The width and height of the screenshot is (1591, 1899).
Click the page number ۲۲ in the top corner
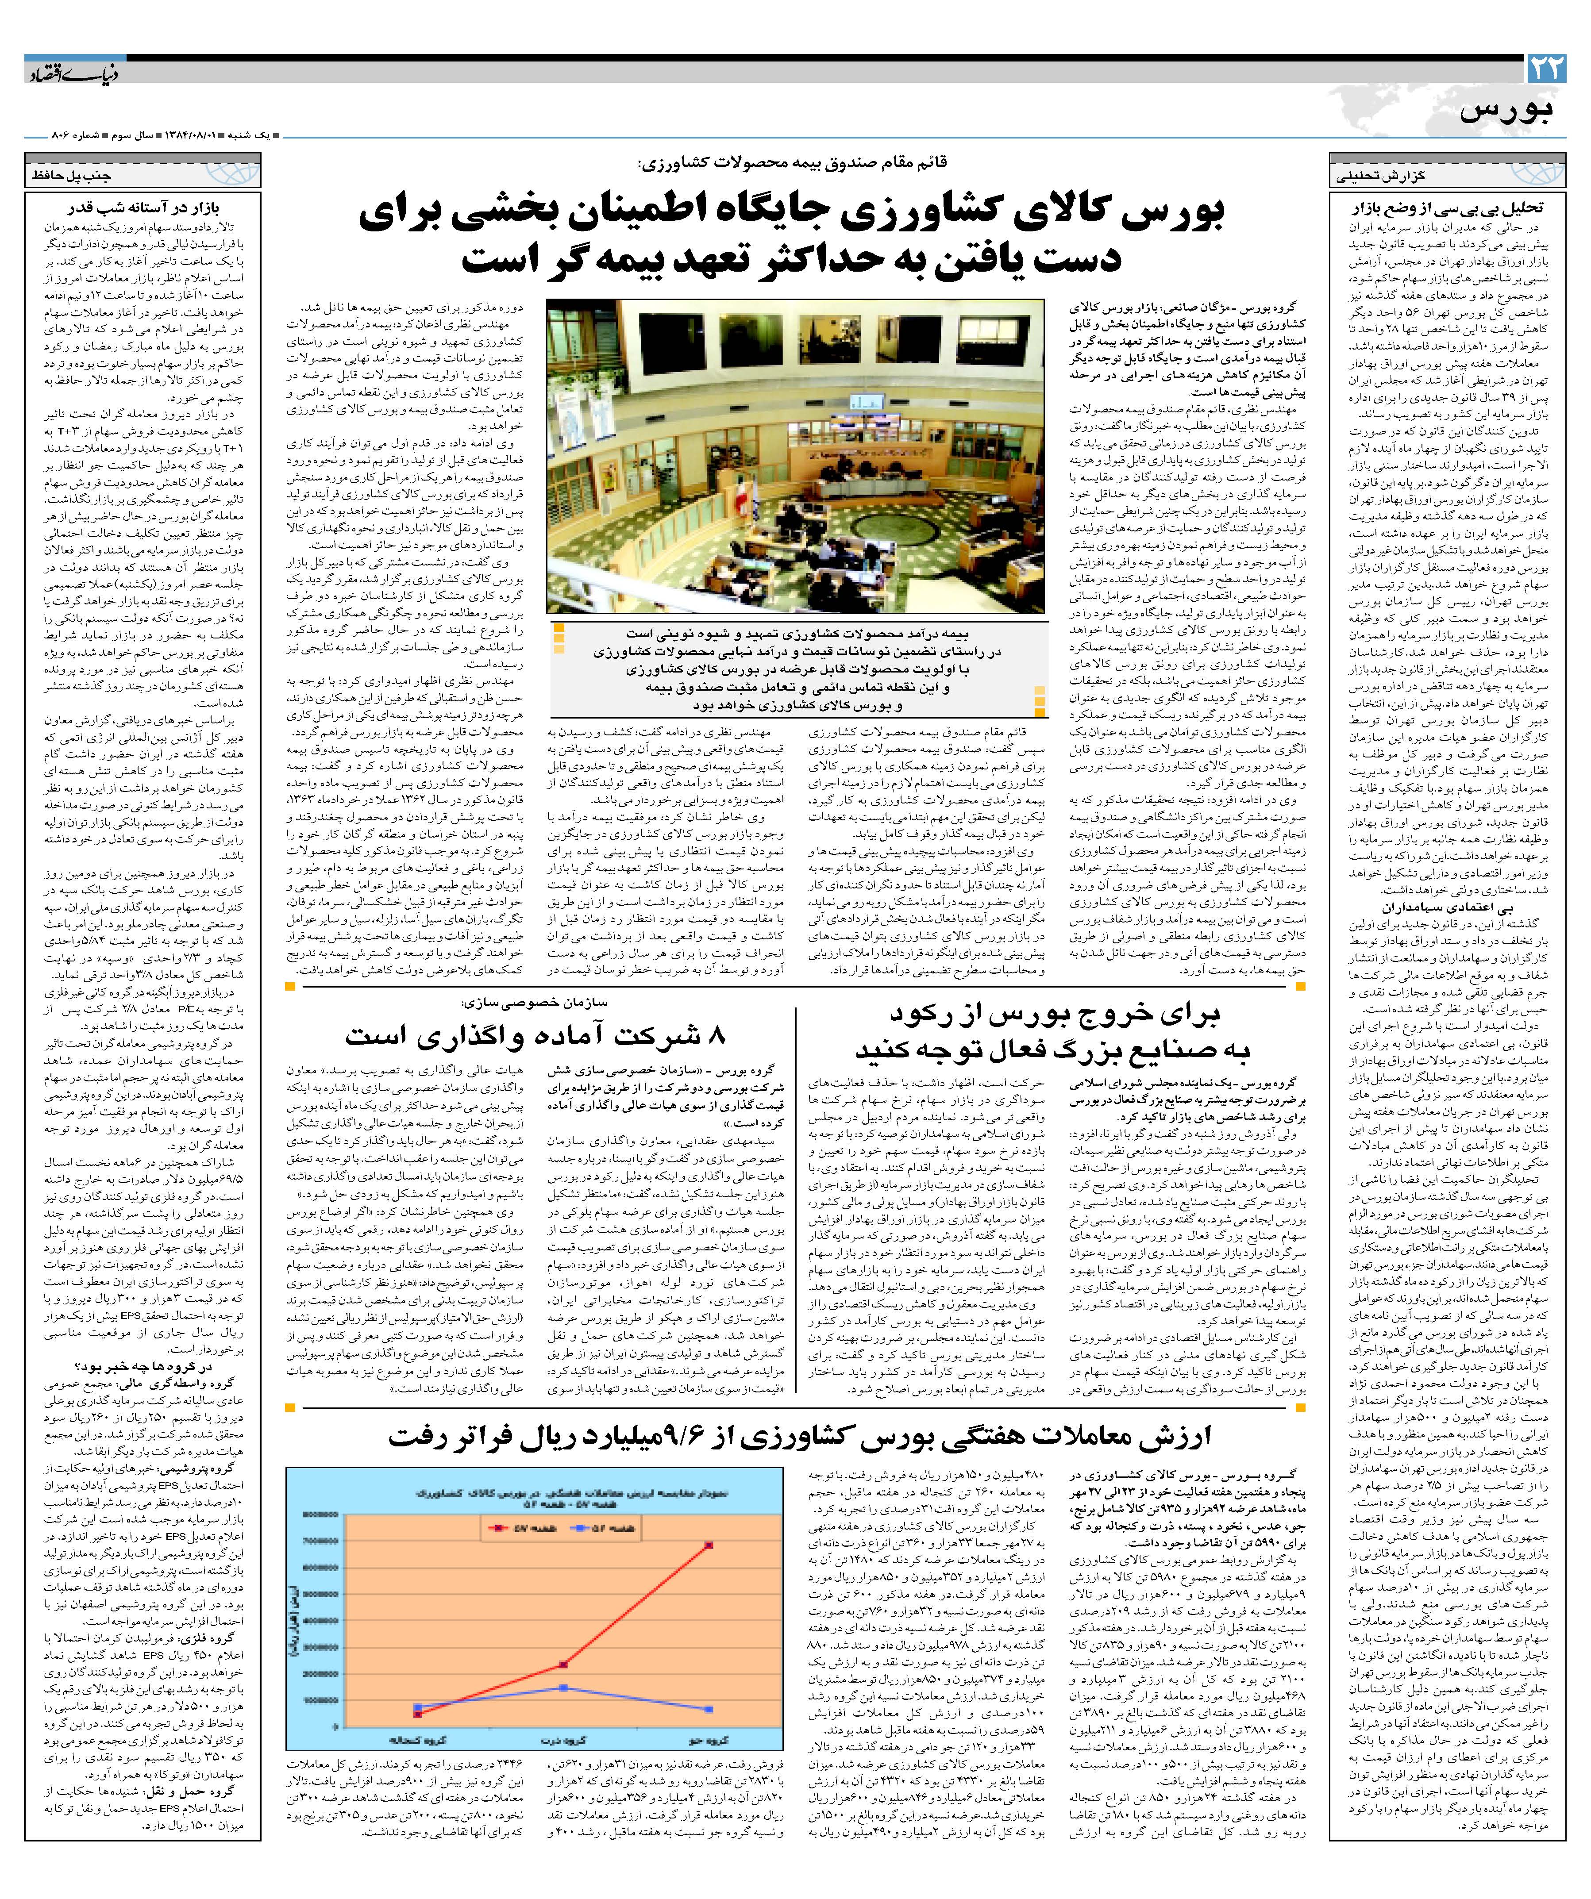(x=1546, y=70)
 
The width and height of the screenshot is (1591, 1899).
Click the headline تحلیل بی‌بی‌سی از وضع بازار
(x=1447, y=209)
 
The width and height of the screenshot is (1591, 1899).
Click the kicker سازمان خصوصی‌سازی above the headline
(x=534, y=1002)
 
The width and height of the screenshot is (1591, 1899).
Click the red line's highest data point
(x=709, y=1545)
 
